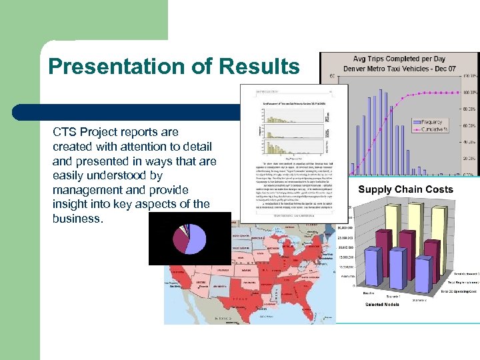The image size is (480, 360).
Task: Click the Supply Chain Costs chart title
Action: tap(405, 189)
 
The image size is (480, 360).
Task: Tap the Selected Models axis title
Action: tap(383, 305)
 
